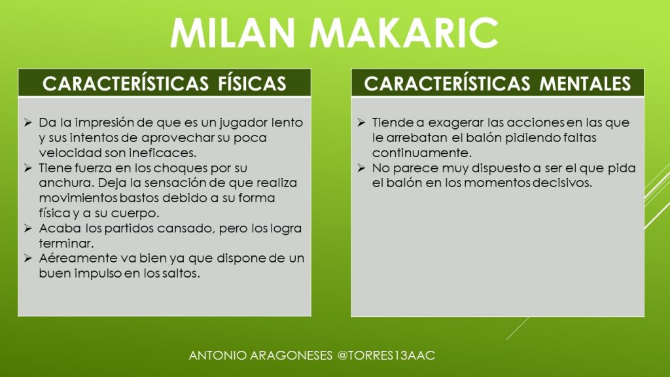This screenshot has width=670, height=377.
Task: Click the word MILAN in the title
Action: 233,33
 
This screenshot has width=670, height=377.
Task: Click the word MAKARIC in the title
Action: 404,33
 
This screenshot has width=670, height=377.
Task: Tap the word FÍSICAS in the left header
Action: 252,83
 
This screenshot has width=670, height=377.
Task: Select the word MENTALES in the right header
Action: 585,83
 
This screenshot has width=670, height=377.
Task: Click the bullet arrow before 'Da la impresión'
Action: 28,122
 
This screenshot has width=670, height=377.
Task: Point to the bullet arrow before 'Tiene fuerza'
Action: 28,168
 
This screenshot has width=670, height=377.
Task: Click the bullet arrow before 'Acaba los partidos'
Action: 28,228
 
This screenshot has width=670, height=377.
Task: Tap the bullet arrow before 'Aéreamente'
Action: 28,258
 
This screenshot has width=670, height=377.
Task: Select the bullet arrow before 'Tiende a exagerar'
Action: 361,122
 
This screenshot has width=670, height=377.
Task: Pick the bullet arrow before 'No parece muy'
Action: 361,168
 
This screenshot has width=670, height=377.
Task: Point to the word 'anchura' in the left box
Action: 66,183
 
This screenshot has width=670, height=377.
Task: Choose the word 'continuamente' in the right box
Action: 421,153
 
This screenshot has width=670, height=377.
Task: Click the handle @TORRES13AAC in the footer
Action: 386,355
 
